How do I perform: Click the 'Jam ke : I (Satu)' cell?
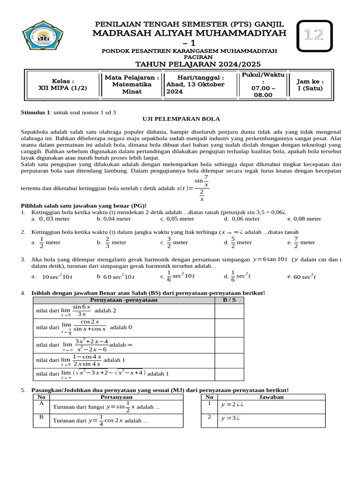pyautogui.click(x=313, y=84)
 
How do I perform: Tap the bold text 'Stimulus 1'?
pyautogui.click(x=36, y=112)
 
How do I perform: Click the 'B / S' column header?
pyautogui.click(x=229, y=300)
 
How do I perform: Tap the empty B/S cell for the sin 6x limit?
pyautogui.click(x=229, y=310)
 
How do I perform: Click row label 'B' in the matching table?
pyautogui.click(x=41, y=416)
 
